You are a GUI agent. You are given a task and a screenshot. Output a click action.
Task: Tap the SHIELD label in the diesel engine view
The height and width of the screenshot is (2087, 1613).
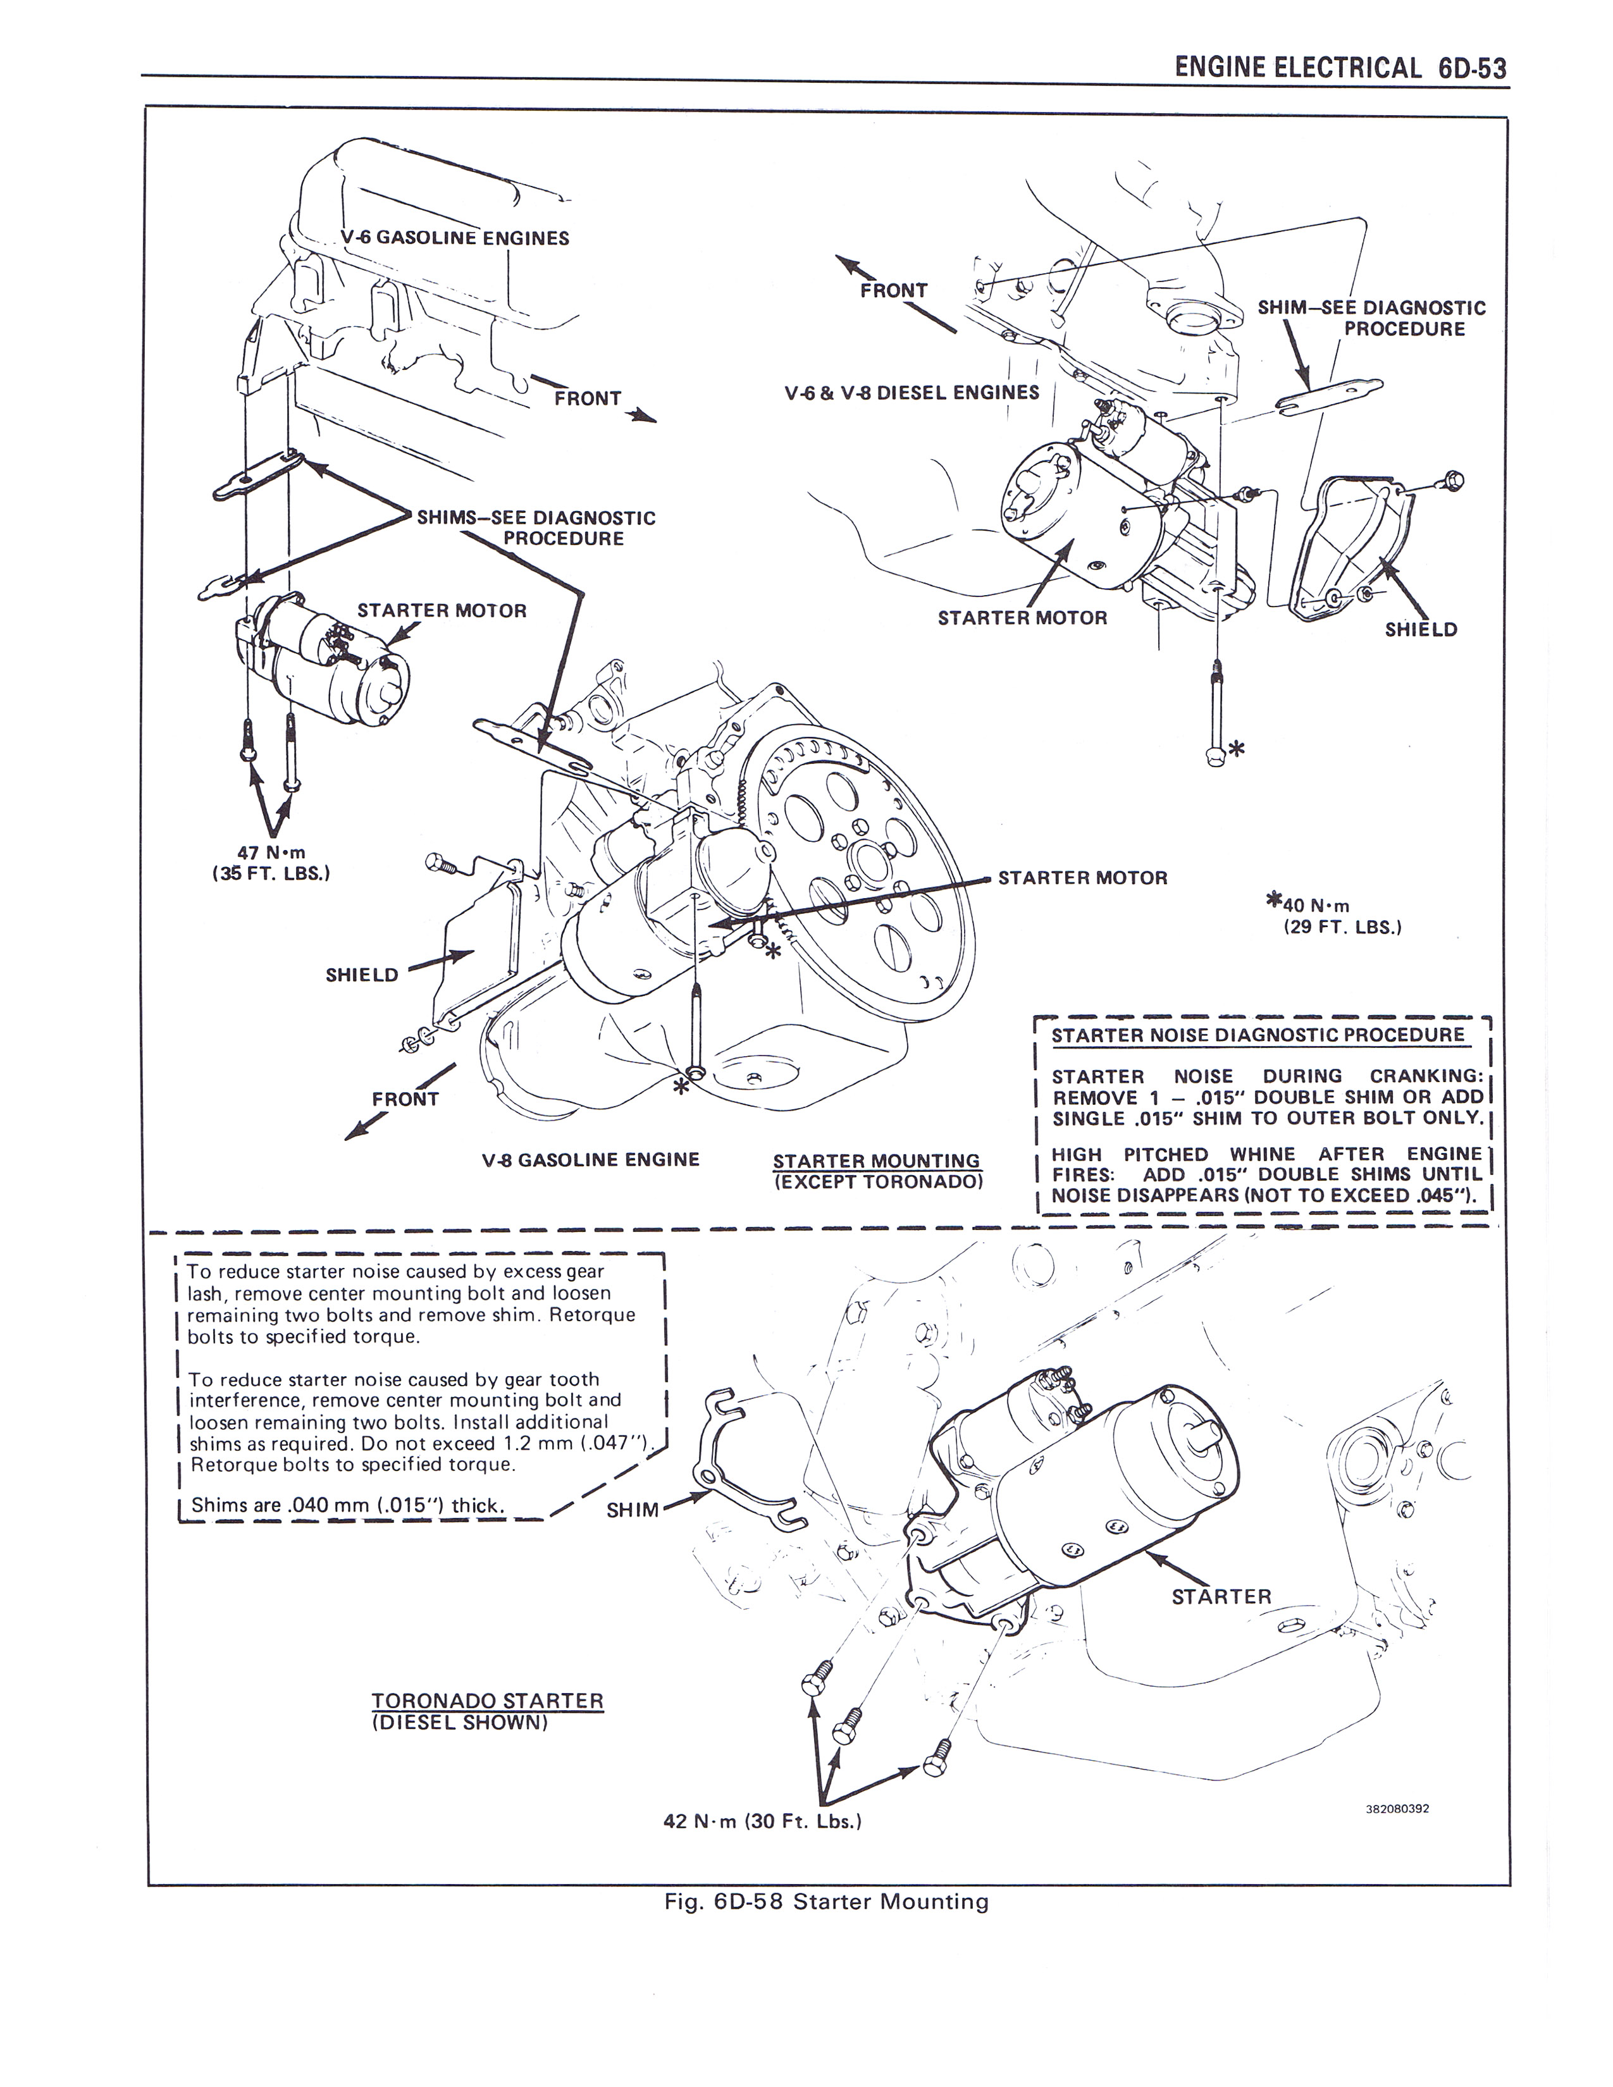tap(1421, 630)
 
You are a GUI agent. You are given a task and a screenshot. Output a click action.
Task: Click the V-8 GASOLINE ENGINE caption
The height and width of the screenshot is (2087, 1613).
tap(591, 1159)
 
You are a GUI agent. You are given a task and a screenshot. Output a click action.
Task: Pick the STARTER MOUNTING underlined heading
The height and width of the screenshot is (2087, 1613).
tap(876, 1161)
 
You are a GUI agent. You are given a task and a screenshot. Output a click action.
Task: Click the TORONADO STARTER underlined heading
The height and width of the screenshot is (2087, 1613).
tap(487, 1701)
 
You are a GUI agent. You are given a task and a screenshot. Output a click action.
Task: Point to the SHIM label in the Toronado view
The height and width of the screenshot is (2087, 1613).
tap(633, 1510)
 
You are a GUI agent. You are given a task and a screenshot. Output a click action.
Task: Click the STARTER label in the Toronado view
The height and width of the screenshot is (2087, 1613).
tap(1221, 1597)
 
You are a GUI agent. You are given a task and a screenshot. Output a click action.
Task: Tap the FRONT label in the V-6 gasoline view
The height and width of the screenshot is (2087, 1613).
tap(588, 398)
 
